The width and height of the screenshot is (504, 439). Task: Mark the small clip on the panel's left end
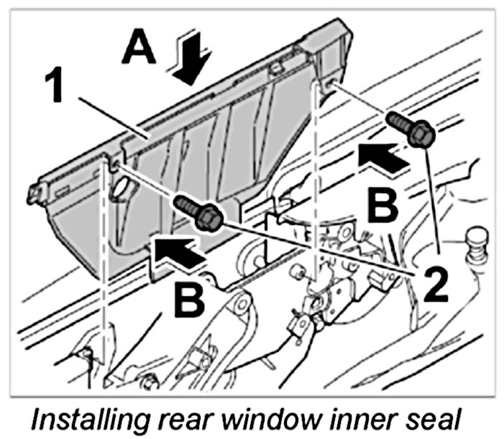point(34,193)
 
